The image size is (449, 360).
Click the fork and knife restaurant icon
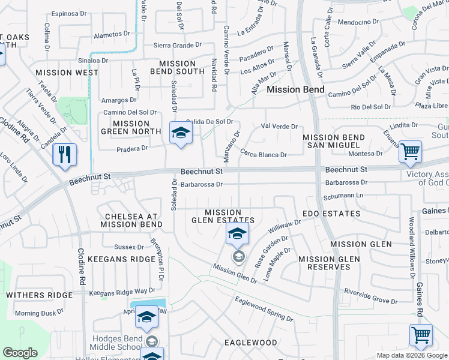click(65, 155)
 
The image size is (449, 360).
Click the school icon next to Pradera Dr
click(179, 133)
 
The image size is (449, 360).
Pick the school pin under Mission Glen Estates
click(238, 233)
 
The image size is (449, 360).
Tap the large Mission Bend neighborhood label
click(295, 89)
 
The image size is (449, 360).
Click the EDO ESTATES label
click(331, 214)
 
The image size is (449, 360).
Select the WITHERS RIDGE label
click(35, 295)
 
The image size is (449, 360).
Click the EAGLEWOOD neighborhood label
click(250, 343)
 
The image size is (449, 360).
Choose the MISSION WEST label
click(67, 73)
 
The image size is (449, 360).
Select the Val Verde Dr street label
click(280, 127)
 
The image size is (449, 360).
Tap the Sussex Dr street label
click(129, 247)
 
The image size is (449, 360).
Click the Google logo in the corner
click(20, 353)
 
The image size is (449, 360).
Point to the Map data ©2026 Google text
click(411, 355)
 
